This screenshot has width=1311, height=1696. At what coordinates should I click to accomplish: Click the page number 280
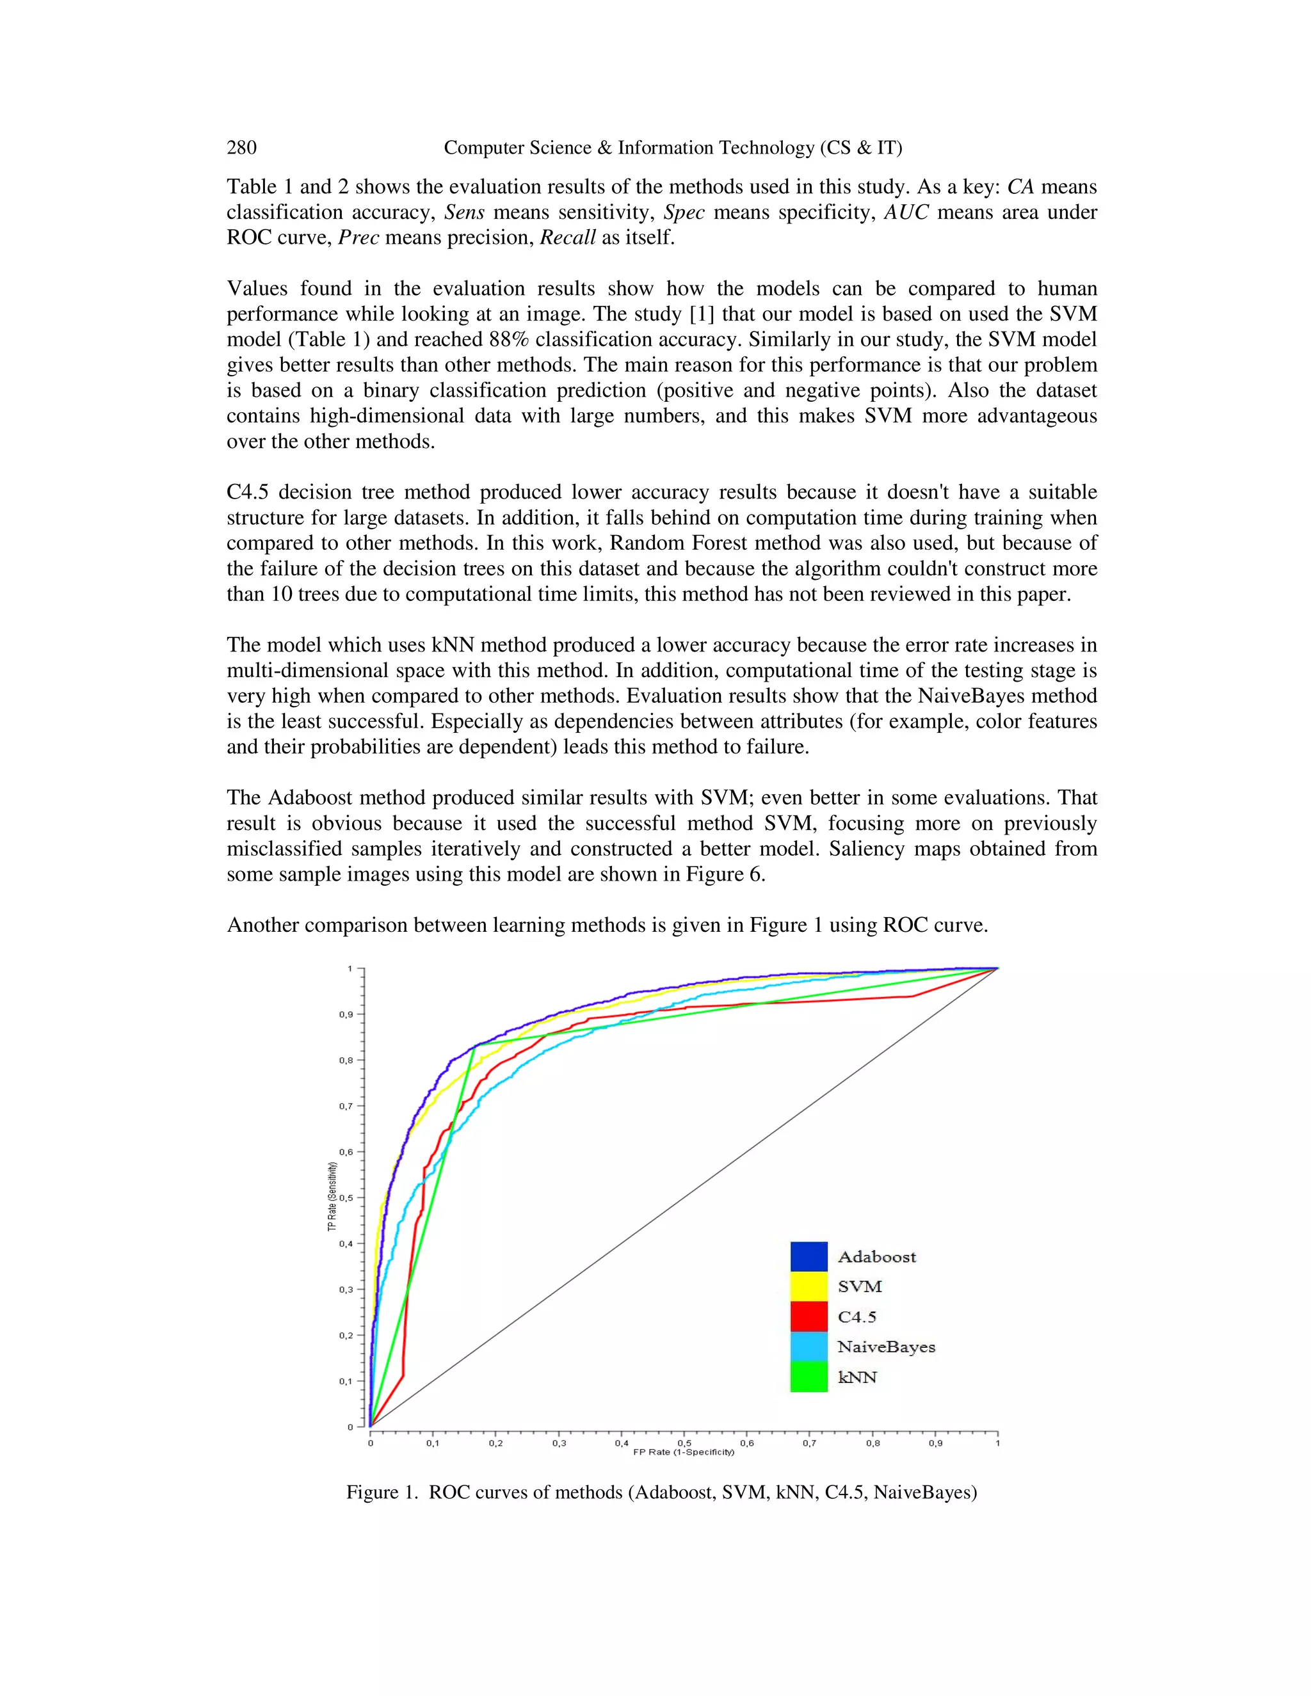click(x=241, y=148)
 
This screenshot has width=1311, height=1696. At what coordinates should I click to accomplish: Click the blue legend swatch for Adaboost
click(x=808, y=1256)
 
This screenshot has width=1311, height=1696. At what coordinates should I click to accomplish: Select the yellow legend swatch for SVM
click(x=808, y=1287)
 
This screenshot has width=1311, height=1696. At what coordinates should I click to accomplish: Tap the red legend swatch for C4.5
click(x=808, y=1317)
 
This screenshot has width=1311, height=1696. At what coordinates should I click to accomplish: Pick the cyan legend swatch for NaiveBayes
click(x=808, y=1347)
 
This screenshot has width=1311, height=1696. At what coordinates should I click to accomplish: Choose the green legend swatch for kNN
click(x=808, y=1377)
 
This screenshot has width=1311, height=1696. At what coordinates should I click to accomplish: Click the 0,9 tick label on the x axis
click(x=935, y=1444)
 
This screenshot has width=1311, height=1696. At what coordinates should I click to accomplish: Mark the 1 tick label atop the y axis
click(x=350, y=968)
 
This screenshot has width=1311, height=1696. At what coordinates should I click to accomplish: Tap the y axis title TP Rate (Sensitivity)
click(x=332, y=1197)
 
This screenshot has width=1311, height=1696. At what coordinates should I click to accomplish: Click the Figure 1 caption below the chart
click(x=661, y=1492)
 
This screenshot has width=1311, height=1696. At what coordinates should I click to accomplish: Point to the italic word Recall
click(x=568, y=237)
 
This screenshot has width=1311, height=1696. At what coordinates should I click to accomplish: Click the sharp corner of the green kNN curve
click(x=474, y=1045)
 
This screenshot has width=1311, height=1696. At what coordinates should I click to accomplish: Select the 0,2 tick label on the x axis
click(x=495, y=1444)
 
